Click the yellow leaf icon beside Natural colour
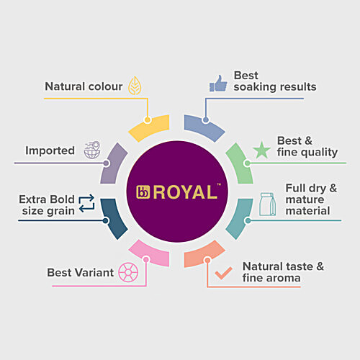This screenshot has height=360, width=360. point(135,86)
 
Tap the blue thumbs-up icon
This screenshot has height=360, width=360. point(218,84)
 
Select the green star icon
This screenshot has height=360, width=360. point(261,150)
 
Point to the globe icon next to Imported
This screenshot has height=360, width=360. point(92,150)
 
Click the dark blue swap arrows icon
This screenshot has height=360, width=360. point(86,203)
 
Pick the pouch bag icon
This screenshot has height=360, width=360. point(267,204)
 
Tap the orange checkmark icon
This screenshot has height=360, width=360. point(223,273)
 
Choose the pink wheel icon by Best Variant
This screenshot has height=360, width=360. point(128,272)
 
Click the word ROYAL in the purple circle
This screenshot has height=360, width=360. point(185,192)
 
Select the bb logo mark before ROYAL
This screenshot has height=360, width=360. point(143,192)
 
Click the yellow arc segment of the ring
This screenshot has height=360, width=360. point(150,127)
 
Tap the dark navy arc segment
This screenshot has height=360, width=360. point(113,218)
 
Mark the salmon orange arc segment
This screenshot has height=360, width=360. point(204,254)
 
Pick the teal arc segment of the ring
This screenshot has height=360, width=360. point(240,218)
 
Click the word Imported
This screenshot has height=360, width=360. point(50,151)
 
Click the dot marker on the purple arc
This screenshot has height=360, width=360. point(107,163)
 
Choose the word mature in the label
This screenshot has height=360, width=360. point(305,199)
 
